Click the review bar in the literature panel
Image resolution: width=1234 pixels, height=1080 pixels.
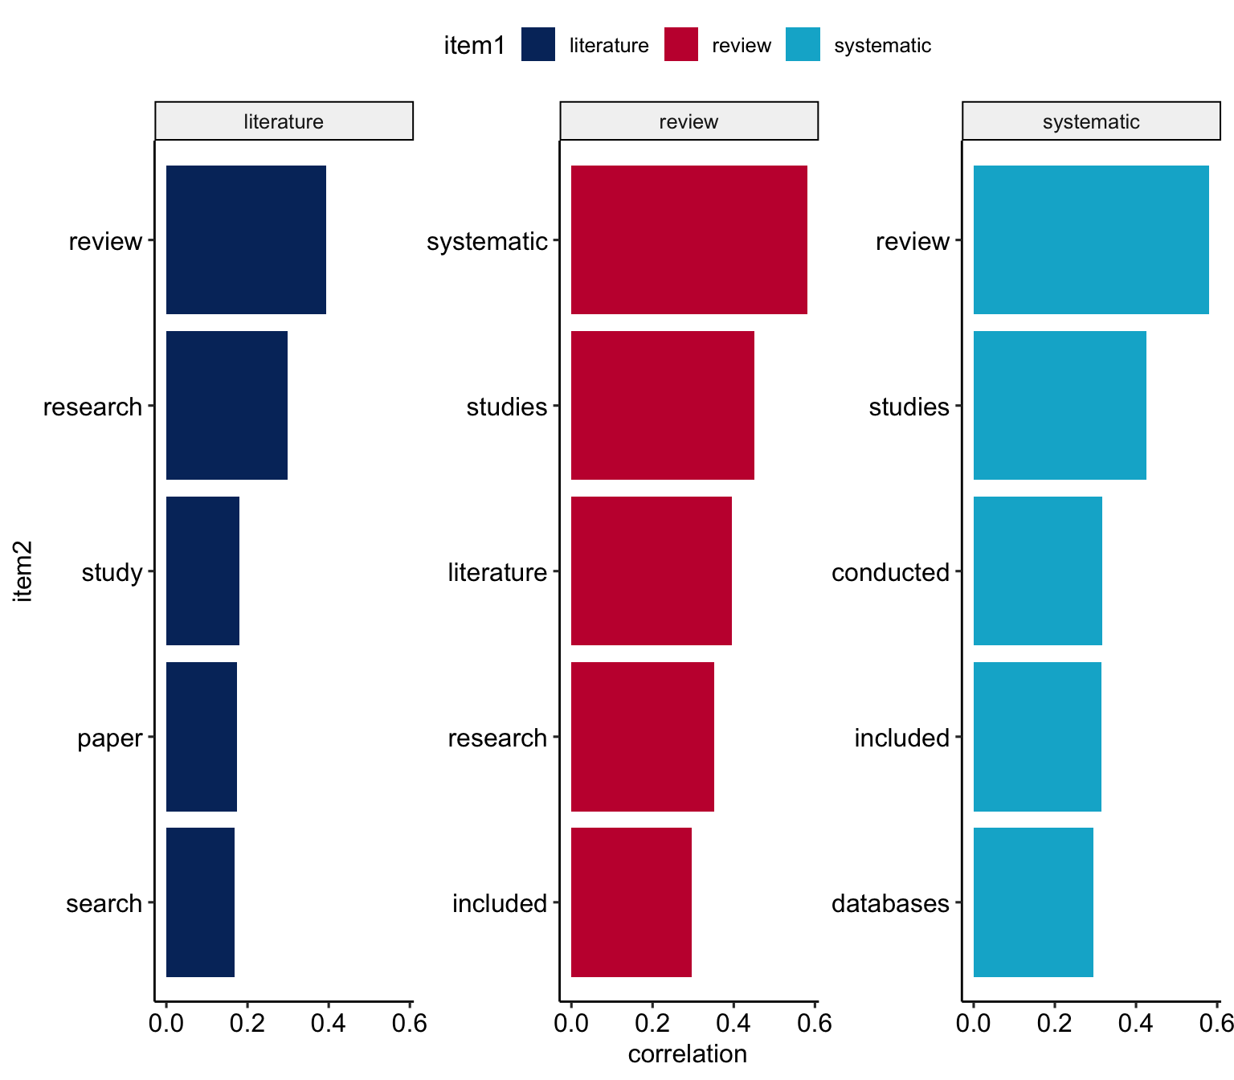point(246,239)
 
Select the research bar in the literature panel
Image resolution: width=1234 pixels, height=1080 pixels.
point(227,405)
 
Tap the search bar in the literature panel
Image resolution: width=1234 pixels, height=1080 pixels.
point(200,902)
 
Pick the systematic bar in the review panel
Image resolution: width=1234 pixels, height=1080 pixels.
point(689,239)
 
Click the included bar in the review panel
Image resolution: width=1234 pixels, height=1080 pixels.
point(631,902)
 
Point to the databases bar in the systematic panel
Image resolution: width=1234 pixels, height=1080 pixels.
point(1033,902)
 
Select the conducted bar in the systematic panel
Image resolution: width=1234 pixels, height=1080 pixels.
point(1037,571)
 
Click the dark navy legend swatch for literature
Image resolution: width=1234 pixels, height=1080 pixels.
point(538,45)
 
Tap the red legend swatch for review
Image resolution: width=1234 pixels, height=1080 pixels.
point(681,45)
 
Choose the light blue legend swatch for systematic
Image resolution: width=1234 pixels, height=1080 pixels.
point(803,45)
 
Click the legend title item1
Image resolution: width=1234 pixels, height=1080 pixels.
point(475,46)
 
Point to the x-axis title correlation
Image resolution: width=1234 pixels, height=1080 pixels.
point(687,1054)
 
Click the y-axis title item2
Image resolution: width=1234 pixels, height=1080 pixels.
point(23,571)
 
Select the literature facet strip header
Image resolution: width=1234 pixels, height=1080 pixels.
point(284,121)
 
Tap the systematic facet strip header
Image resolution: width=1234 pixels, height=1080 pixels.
point(1091,121)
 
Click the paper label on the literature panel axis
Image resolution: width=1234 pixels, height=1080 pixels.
point(109,738)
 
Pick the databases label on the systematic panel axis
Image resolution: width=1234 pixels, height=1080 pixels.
point(890,903)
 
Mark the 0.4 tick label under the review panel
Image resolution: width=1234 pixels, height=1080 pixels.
point(733,1024)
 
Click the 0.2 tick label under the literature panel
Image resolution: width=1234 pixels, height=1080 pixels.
point(247,1024)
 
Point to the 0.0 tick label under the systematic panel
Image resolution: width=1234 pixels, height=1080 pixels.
point(974,1024)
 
